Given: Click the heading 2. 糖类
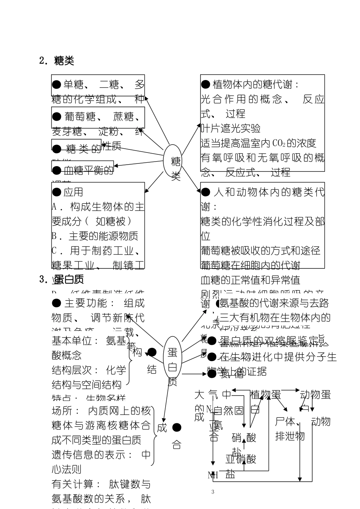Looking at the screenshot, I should click(57, 61).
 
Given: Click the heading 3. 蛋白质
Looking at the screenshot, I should click(62, 280).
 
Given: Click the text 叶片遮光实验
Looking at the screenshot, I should click(230, 128).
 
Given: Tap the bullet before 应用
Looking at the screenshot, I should click(56, 192).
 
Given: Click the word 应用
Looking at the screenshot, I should click(73, 192).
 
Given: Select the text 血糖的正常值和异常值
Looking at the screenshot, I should click(250, 280).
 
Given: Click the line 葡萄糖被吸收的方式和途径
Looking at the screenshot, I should click(260, 251).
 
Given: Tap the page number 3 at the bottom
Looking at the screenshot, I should click(213, 492).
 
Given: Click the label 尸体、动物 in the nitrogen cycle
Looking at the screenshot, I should click(302, 421).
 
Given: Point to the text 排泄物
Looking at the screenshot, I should click(290, 436).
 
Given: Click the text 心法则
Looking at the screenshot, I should click(66, 469).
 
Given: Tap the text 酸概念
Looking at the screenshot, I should click(66, 355).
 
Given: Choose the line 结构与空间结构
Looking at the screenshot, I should click(86, 385).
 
